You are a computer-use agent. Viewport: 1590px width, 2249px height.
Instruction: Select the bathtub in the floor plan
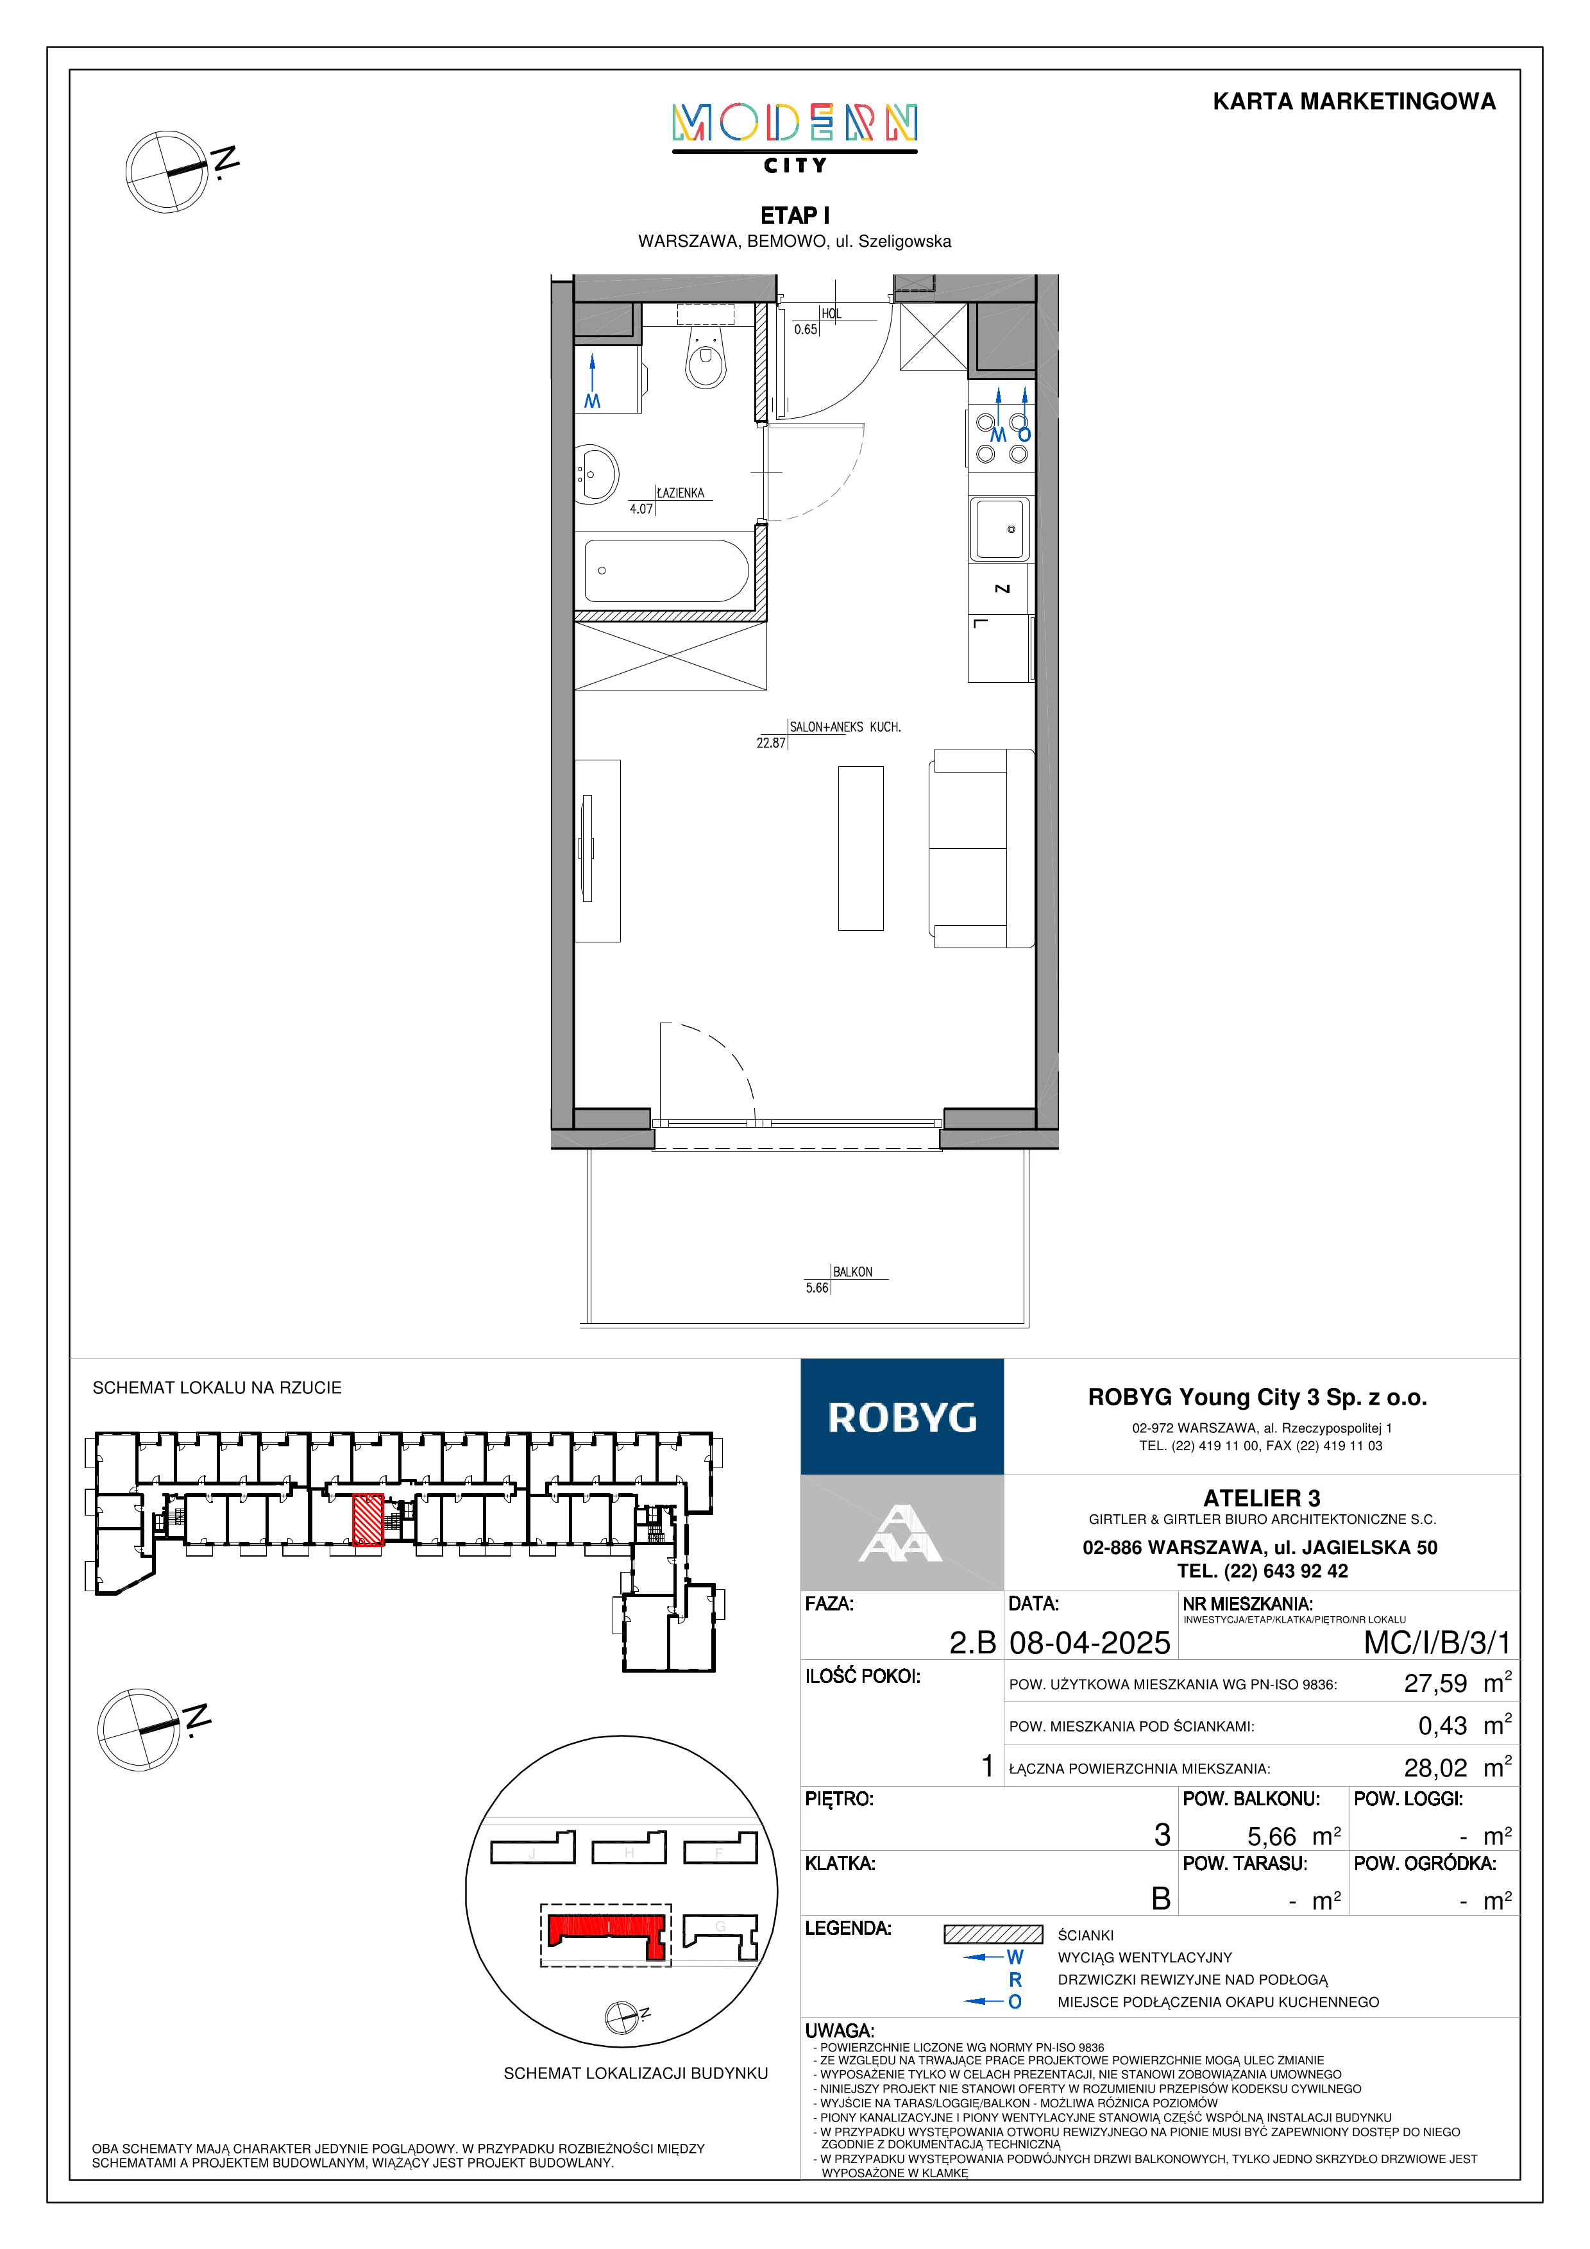pyautogui.click(x=666, y=570)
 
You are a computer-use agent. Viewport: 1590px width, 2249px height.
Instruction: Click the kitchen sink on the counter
pyautogui.click(x=1000, y=529)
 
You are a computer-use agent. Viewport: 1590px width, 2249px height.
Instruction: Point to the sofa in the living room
pyautogui.click(x=981, y=848)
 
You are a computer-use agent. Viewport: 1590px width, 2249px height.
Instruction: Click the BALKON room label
pyautogui.click(x=852, y=1271)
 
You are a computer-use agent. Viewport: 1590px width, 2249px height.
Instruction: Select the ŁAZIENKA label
pyautogui.click(x=680, y=493)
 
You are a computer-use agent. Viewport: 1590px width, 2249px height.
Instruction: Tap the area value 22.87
pyautogui.click(x=771, y=742)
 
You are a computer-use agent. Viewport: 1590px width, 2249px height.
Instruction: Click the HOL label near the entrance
pyautogui.click(x=831, y=314)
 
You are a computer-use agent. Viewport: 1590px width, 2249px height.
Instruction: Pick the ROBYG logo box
pyautogui.click(x=902, y=1416)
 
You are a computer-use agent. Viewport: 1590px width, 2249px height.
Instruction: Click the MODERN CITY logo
pyautogui.click(x=795, y=138)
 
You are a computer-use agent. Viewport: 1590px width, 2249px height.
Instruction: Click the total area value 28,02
pyautogui.click(x=1435, y=1768)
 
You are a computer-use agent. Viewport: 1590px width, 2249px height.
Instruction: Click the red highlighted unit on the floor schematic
pyautogui.click(x=368, y=1519)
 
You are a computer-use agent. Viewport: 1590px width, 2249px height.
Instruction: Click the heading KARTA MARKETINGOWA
pyautogui.click(x=1354, y=102)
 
